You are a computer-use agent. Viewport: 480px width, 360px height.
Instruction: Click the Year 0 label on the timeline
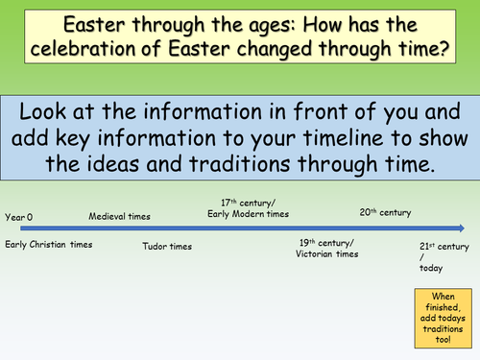tap(19, 218)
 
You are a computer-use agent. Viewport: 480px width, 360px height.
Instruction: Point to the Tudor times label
tap(166, 247)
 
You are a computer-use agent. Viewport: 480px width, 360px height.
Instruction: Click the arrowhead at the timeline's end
tap(462, 228)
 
